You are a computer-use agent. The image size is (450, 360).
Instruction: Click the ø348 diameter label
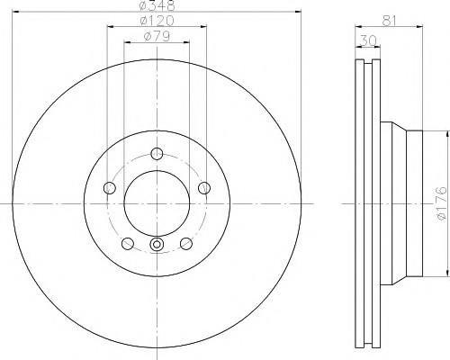(157, 5)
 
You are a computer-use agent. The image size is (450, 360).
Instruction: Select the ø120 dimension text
(157, 21)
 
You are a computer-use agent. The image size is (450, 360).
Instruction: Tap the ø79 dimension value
(157, 37)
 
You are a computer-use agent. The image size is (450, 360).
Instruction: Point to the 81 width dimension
(389, 21)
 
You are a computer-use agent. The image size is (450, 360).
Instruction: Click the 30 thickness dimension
(367, 41)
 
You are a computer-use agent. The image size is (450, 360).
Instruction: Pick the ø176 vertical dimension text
(442, 203)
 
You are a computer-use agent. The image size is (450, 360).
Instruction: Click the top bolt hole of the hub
(157, 154)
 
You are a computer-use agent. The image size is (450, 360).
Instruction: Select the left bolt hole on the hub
(110, 188)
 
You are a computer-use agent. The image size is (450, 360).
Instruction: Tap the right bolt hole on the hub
(204, 188)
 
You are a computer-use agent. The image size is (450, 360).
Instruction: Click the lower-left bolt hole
(128, 243)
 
